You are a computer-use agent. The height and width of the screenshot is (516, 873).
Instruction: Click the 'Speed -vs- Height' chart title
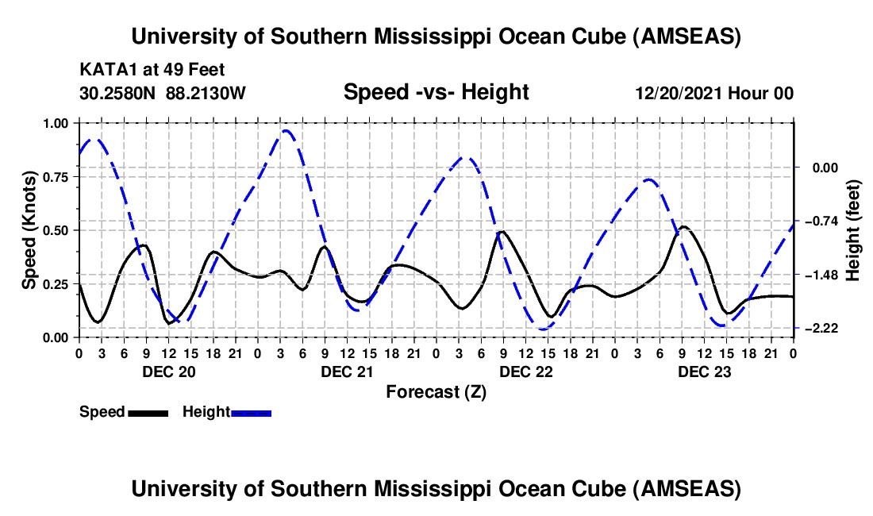(x=436, y=92)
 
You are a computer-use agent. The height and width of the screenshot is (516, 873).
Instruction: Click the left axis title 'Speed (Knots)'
(x=29, y=230)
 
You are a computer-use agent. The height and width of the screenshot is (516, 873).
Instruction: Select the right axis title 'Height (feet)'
(x=853, y=230)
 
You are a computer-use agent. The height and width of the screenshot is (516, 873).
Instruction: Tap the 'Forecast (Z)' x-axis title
(x=436, y=391)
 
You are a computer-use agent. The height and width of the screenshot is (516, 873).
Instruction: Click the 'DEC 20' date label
(x=167, y=371)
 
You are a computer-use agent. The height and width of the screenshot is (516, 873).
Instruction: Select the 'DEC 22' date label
(x=525, y=371)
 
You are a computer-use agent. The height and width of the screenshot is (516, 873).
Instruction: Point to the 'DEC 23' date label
(x=704, y=371)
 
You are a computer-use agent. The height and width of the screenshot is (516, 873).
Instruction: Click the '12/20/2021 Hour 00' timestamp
(x=714, y=93)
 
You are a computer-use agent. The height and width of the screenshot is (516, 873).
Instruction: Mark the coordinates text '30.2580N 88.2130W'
(x=163, y=93)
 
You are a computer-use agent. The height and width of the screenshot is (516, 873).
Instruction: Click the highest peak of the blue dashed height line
(x=287, y=131)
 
